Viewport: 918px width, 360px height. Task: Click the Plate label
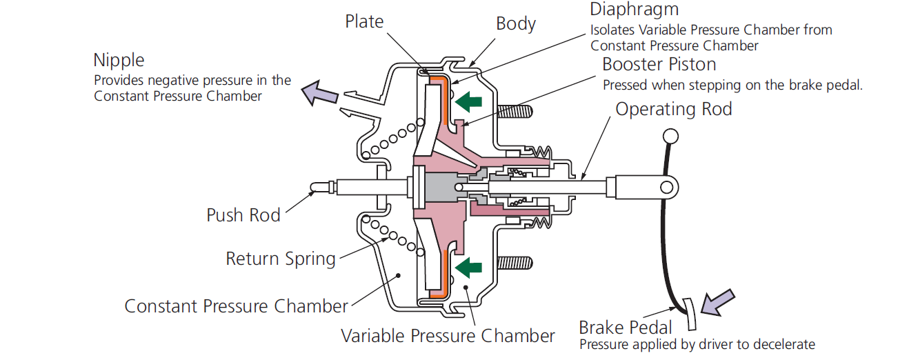coord(364,22)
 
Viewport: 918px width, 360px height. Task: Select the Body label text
coord(516,24)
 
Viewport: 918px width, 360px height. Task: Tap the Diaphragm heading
coord(635,10)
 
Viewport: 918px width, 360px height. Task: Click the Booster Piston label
coord(659,65)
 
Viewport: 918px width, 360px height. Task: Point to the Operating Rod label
coord(673,109)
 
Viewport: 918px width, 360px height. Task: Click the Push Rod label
coord(243,215)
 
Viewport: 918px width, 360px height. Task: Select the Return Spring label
coord(281,259)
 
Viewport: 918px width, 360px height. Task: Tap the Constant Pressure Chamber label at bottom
coord(236,306)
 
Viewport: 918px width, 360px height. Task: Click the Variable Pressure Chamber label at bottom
coord(448,336)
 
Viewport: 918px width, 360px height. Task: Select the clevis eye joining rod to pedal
coord(666,186)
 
